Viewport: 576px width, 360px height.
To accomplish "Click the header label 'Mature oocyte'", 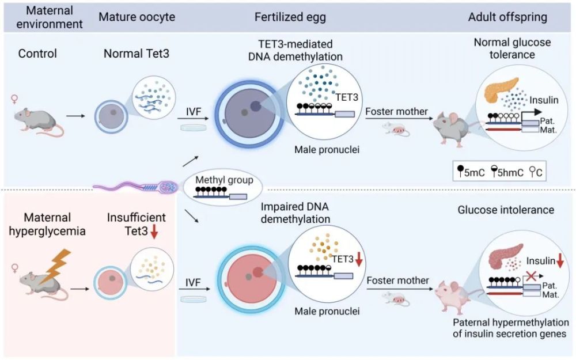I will click(x=127, y=17).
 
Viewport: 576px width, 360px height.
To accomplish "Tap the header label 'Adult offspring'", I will click(x=507, y=17).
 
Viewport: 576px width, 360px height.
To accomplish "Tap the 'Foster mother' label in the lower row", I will click(x=397, y=281).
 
